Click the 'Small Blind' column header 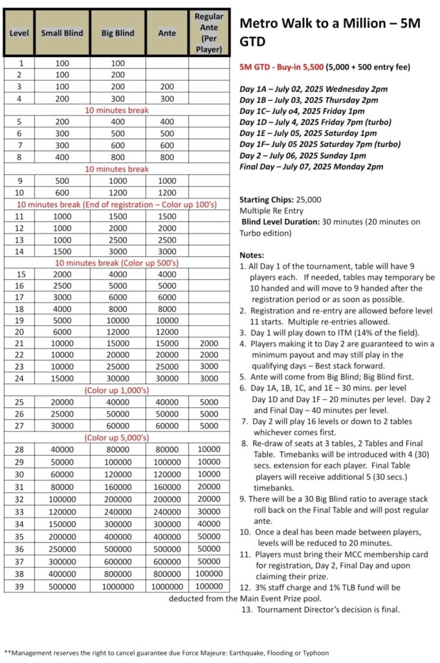click(62, 32)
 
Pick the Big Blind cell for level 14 click(118, 251)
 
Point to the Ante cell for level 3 click(167, 87)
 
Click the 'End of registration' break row click(116, 205)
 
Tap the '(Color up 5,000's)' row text click(116, 438)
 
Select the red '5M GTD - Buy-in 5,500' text click(281, 67)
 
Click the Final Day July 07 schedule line click(311, 166)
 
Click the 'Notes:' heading click(252, 255)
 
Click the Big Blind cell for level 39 click(118, 585)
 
